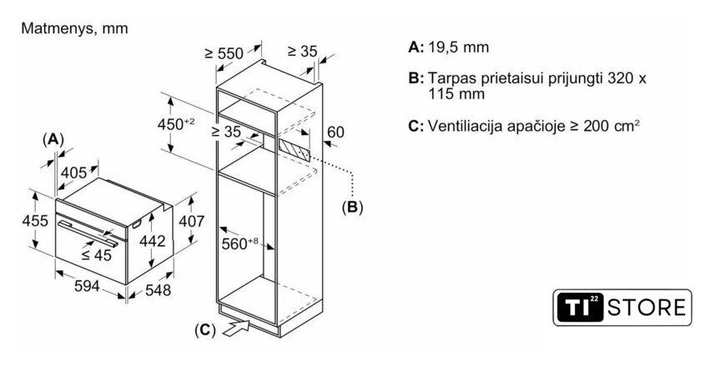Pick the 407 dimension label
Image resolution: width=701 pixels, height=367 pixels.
coord(192,223)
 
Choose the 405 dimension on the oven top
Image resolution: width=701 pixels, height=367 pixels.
coord(74,173)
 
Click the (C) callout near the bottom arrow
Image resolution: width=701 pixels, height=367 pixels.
coord(204,330)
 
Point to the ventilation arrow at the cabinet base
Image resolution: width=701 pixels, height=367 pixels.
coord(237,325)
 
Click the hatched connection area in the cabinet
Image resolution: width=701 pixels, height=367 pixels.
coord(295,150)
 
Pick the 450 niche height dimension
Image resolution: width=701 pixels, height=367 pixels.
coord(177,125)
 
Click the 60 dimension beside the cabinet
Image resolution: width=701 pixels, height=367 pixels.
coord(335,131)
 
